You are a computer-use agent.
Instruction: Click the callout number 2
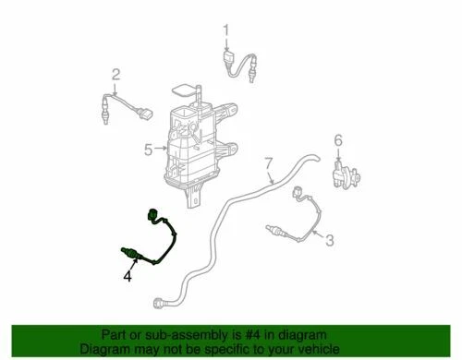(116, 74)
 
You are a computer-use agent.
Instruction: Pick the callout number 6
(338, 139)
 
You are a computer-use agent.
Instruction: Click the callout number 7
(270, 167)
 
